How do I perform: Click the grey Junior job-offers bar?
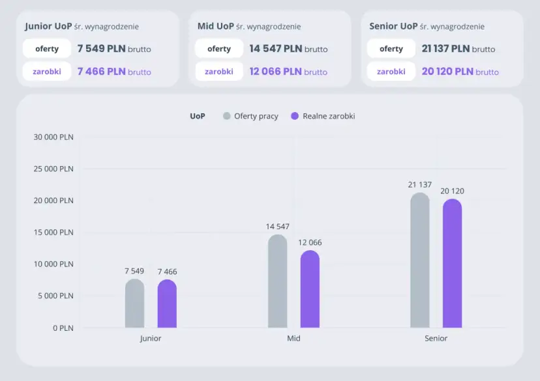coord(134,303)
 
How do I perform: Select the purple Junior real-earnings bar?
coord(167,303)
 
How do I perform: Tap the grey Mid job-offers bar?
coord(277,281)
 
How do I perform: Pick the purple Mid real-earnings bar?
coord(310,289)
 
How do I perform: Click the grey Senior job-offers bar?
coord(420,261)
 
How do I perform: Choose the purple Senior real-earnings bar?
coord(452,264)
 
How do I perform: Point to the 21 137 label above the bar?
coord(420,185)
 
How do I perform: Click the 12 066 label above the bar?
coord(310,242)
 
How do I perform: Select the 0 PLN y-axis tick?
coord(63,328)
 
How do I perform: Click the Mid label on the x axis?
coord(293,339)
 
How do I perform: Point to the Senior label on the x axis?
coord(436,339)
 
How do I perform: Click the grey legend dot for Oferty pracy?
coord(227,116)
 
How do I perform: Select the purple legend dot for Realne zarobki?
coord(295,116)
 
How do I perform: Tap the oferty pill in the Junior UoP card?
coord(47,49)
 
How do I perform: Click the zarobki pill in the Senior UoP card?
coord(391,72)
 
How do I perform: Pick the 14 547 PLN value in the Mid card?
coord(275,49)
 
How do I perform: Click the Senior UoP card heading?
coord(393,27)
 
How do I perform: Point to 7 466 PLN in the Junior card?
coord(101,72)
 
